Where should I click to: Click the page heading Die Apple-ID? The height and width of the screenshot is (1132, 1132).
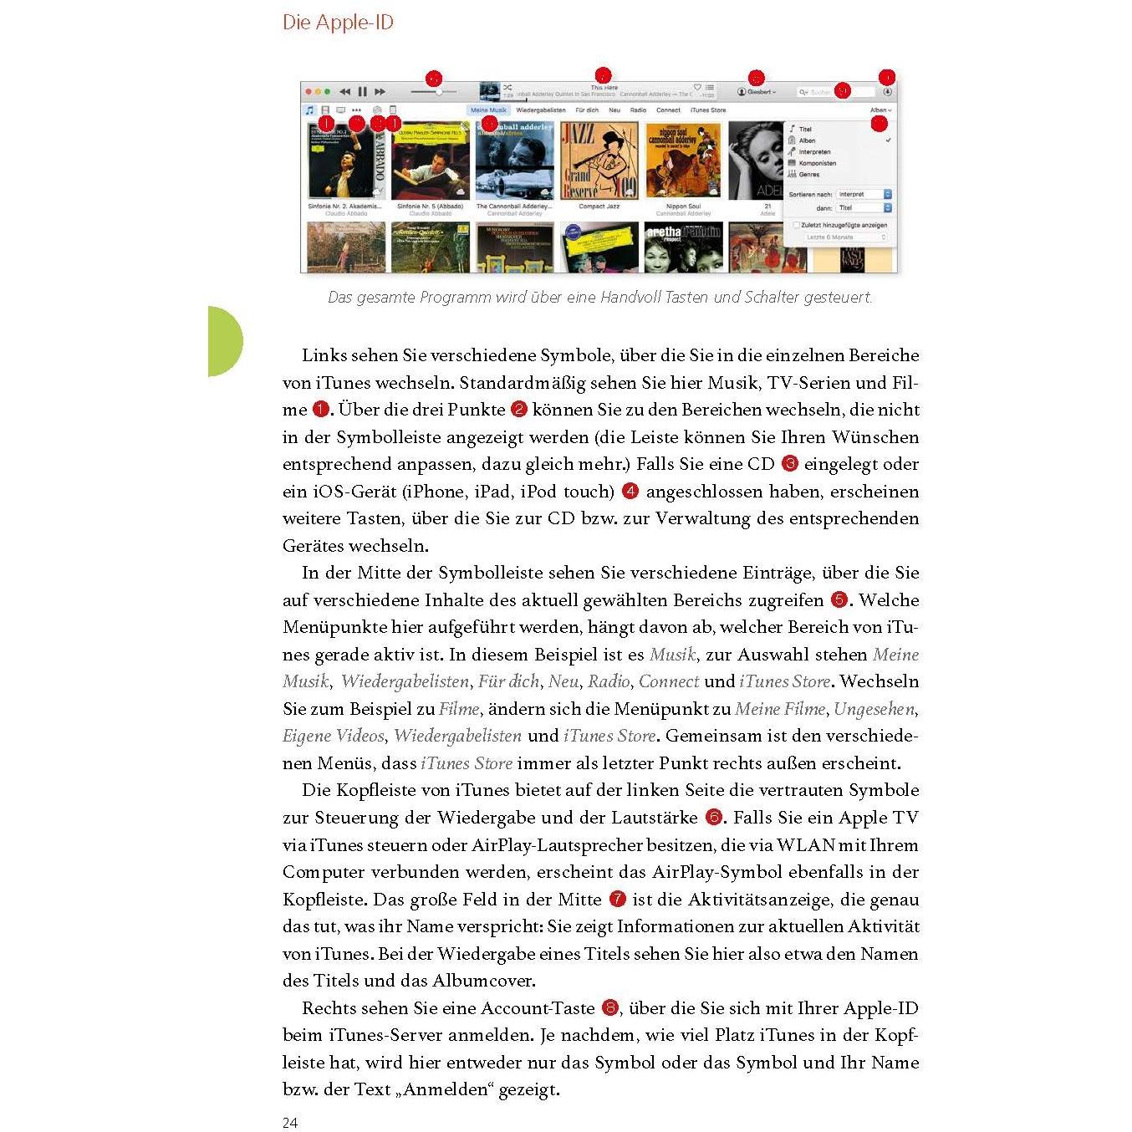(338, 23)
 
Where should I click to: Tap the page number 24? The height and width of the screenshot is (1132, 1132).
(290, 1122)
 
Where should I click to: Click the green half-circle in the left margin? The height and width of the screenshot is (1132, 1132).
(223, 341)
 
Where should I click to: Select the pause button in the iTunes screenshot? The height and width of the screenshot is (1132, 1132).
(362, 92)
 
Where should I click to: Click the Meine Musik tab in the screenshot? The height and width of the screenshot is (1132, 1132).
(488, 110)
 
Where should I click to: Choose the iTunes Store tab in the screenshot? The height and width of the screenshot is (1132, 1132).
(708, 110)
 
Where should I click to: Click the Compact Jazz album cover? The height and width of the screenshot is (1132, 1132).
(599, 161)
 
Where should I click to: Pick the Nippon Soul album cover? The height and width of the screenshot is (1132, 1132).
(683, 161)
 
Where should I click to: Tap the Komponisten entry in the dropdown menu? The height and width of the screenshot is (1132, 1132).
(817, 163)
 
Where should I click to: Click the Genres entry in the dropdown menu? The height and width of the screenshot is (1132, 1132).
(808, 175)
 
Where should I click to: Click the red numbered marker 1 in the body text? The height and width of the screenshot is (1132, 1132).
(321, 410)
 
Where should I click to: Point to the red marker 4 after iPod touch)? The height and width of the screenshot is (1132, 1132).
(630, 491)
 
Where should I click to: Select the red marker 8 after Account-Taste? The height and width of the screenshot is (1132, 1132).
(610, 1007)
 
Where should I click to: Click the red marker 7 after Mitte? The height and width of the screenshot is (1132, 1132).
(618, 900)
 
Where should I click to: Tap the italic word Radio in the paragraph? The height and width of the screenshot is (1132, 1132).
(609, 681)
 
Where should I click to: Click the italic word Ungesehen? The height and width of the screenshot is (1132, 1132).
(874, 709)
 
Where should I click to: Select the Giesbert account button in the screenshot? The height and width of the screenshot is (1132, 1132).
(757, 92)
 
